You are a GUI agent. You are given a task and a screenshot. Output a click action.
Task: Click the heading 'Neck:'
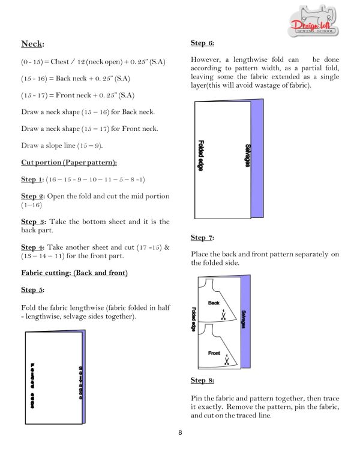(x=33, y=44)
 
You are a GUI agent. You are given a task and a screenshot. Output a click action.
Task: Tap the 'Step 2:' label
(x=32, y=196)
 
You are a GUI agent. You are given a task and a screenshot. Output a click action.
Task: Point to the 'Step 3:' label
(x=32, y=222)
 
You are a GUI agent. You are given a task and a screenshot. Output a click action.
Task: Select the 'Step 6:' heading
(x=202, y=43)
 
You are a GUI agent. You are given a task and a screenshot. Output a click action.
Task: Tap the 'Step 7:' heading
(x=202, y=238)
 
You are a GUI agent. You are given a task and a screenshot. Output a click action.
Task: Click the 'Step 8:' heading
(x=202, y=380)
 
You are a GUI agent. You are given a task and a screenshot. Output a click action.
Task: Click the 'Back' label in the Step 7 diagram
(x=214, y=303)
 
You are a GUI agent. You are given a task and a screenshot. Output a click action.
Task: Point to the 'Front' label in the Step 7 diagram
(x=214, y=353)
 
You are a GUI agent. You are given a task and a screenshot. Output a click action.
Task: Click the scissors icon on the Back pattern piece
(x=224, y=314)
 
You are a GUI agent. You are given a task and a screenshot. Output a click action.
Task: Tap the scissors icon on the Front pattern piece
(x=226, y=361)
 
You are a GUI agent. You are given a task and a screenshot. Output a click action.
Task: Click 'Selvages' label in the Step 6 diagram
(x=247, y=155)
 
